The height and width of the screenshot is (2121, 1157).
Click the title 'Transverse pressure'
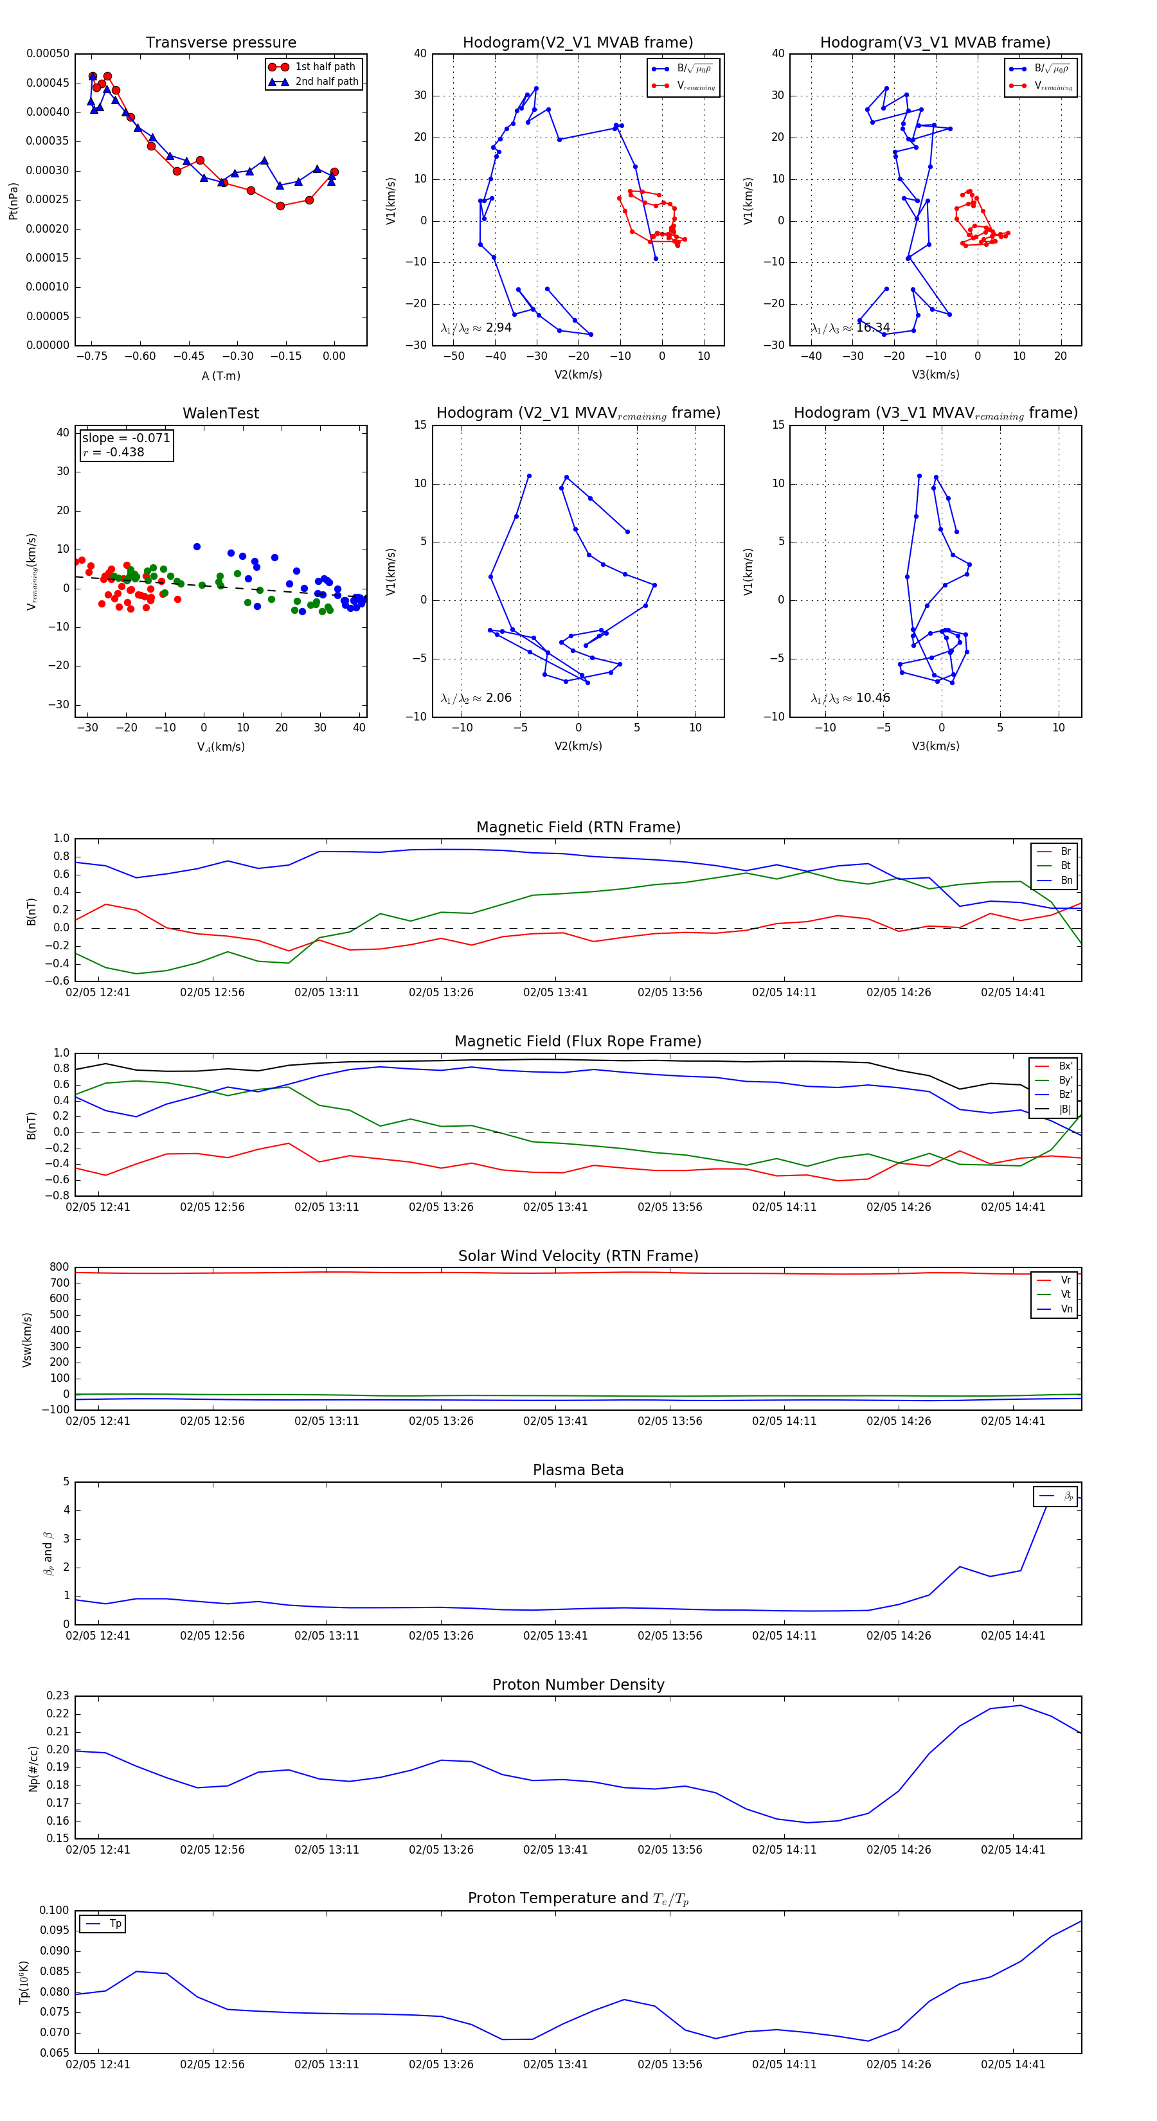(220, 43)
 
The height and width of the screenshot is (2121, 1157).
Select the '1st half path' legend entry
(325, 67)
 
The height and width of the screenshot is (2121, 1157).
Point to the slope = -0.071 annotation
(126, 438)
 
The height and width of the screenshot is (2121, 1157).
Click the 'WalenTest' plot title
(220, 413)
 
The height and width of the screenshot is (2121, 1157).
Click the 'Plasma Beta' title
(578, 1471)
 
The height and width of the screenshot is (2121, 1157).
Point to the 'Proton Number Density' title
(578, 1685)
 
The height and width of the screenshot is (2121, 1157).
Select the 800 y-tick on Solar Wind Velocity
(59, 1267)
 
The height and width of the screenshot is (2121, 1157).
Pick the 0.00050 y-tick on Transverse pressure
(48, 53)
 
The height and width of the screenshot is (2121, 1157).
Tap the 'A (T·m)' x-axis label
(220, 376)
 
